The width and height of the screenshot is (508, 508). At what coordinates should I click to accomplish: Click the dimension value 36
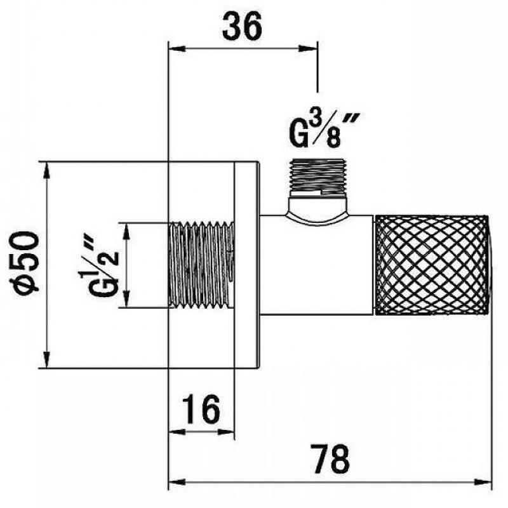243,27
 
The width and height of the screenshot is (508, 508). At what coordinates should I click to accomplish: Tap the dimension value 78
331,459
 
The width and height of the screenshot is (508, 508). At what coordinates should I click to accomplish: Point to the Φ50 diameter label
26,262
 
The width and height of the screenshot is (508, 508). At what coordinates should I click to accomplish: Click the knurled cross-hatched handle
432,265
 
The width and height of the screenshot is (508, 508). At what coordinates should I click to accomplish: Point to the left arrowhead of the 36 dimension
175,46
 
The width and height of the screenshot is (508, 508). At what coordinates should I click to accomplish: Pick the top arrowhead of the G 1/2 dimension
126,229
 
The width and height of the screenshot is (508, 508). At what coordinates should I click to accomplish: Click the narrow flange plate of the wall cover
246,265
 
